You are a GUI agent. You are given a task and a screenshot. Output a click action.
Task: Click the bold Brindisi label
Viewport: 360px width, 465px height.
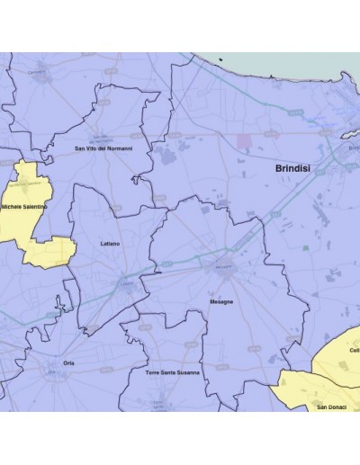click(x=296, y=169)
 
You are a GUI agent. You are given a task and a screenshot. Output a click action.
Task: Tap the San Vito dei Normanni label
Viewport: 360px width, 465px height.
click(x=103, y=148)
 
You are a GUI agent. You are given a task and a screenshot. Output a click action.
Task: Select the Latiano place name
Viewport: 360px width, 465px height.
click(x=108, y=244)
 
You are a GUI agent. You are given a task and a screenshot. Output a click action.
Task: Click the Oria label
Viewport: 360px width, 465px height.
click(x=68, y=362)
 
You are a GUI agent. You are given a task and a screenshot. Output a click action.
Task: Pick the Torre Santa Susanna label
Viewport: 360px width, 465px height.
click(x=173, y=371)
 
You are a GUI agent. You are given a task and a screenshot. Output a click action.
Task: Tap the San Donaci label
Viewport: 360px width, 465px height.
click(x=333, y=407)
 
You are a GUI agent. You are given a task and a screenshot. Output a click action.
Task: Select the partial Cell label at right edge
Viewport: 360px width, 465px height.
click(x=355, y=350)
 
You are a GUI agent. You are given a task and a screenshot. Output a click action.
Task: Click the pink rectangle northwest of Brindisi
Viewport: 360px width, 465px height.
click(x=245, y=141)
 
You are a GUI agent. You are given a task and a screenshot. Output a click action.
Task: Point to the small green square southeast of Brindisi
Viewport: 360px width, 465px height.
click(x=307, y=246)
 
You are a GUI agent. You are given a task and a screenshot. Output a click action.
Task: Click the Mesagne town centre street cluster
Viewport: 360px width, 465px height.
click(x=225, y=267)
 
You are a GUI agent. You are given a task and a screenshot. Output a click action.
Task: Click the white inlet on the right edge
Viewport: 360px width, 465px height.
click(x=353, y=145)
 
